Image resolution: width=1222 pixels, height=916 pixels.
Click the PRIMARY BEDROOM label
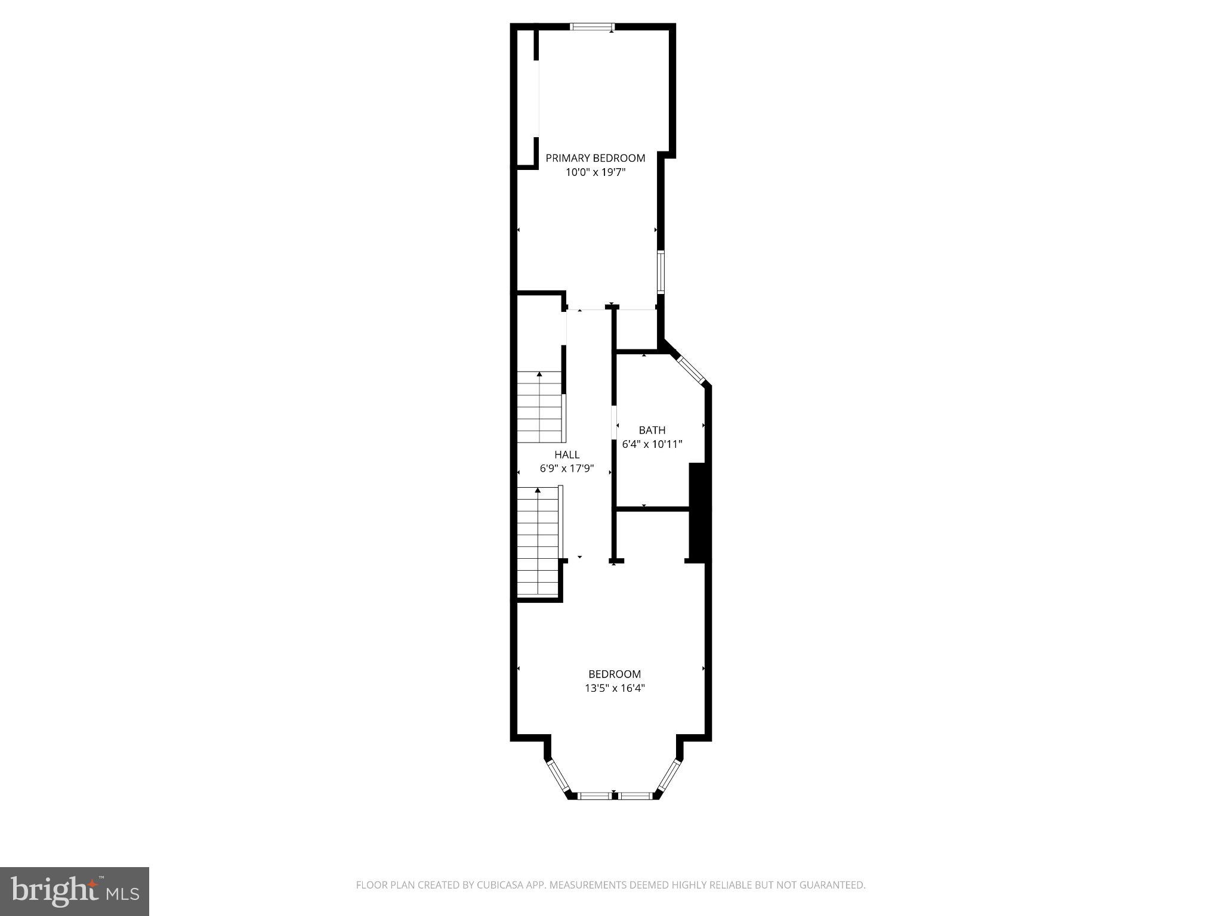[x=595, y=158]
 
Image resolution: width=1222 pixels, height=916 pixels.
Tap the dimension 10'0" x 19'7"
[x=595, y=172]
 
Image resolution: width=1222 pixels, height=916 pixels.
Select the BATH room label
[x=652, y=430]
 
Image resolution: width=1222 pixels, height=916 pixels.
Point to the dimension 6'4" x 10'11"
[x=652, y=444]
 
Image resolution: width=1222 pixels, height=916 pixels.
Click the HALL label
[x=566, y=454]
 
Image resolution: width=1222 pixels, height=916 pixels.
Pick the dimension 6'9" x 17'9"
[x=566, y=469]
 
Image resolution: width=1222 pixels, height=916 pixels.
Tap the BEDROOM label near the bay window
[x=614, y=674]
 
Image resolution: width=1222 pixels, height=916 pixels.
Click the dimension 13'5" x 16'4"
[x=614, y=688]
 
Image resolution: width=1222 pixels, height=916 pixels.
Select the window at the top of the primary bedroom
[x=592, y=26]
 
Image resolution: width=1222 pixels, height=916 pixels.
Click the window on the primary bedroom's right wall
[x=661, y=272]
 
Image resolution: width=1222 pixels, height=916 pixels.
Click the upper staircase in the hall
[x=539, y=407]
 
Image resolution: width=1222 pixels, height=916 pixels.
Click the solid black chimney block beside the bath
[x=699, y=511]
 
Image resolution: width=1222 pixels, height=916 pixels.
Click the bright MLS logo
[x=74, y=891]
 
